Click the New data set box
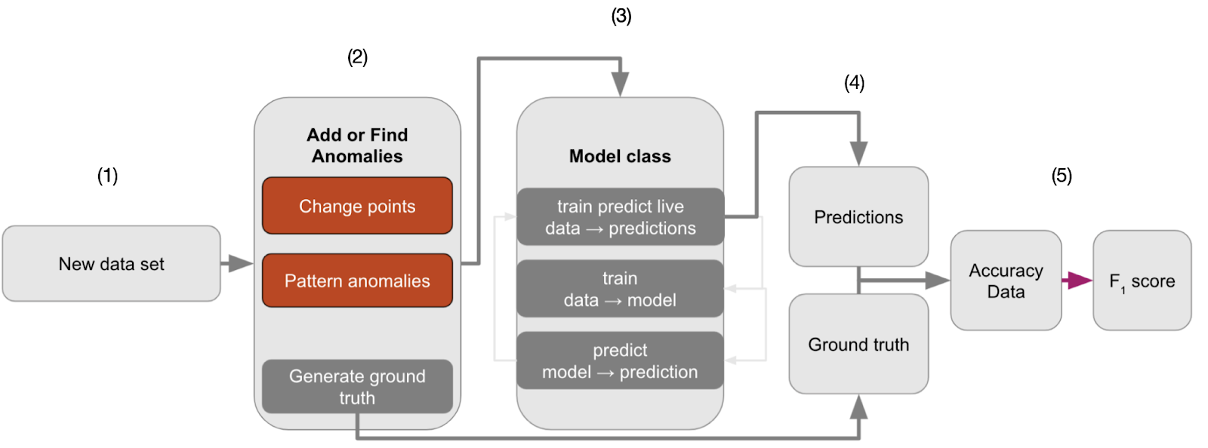pyautogui.click(x=111, y=263)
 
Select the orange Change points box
pyautogui.click(x=357, y=206)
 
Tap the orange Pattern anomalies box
pyautogui.click(x=357, y=281)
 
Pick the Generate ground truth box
pyautogui.click(x=357, y=387)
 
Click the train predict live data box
pyautogui.click(x=620, y=216)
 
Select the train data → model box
pyautogui.click(x=620, y=289)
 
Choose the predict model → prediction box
pyautogui.click(x=620, y=361)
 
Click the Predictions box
pyautogui.click(x=858, y=216)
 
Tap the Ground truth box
pyautogui.click(x=858, y=343)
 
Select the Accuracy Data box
pyautogui.click(x=1006, y=280)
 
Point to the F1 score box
pyautogui.click(x=1142, y=280)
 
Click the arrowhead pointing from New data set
pyautogui.click(x=241, y=263)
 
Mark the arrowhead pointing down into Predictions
pyautogui.click(x=858, y=154)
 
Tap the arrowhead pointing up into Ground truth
pyautogui.click(x=858, y=407)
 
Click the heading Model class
pyautogui.click(x=620, y=156)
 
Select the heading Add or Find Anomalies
pyautogui.click(x=357, y=146)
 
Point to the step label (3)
pyautogui.click(x=621, y=16)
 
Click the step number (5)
pyautogui.click(x=1062, y=176)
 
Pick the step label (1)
pyautogui.click(x=107, y=176)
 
